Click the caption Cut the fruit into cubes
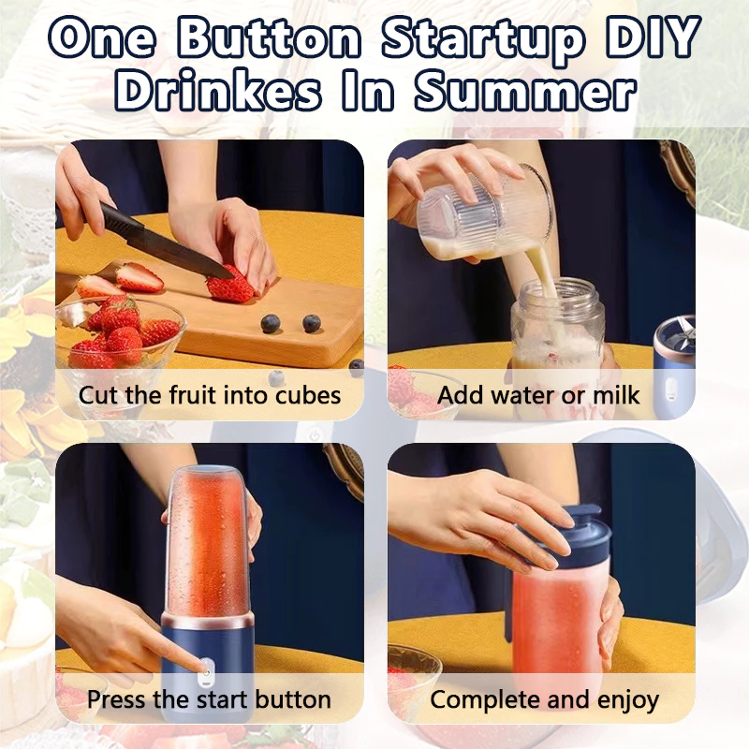pos(210,394)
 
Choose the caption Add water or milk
pos(539,394)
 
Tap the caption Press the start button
pos(209,698)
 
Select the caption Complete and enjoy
pos(544,698)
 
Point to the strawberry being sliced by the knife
pos(230,285)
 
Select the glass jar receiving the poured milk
pos(556,328)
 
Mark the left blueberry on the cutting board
pos(272,324)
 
